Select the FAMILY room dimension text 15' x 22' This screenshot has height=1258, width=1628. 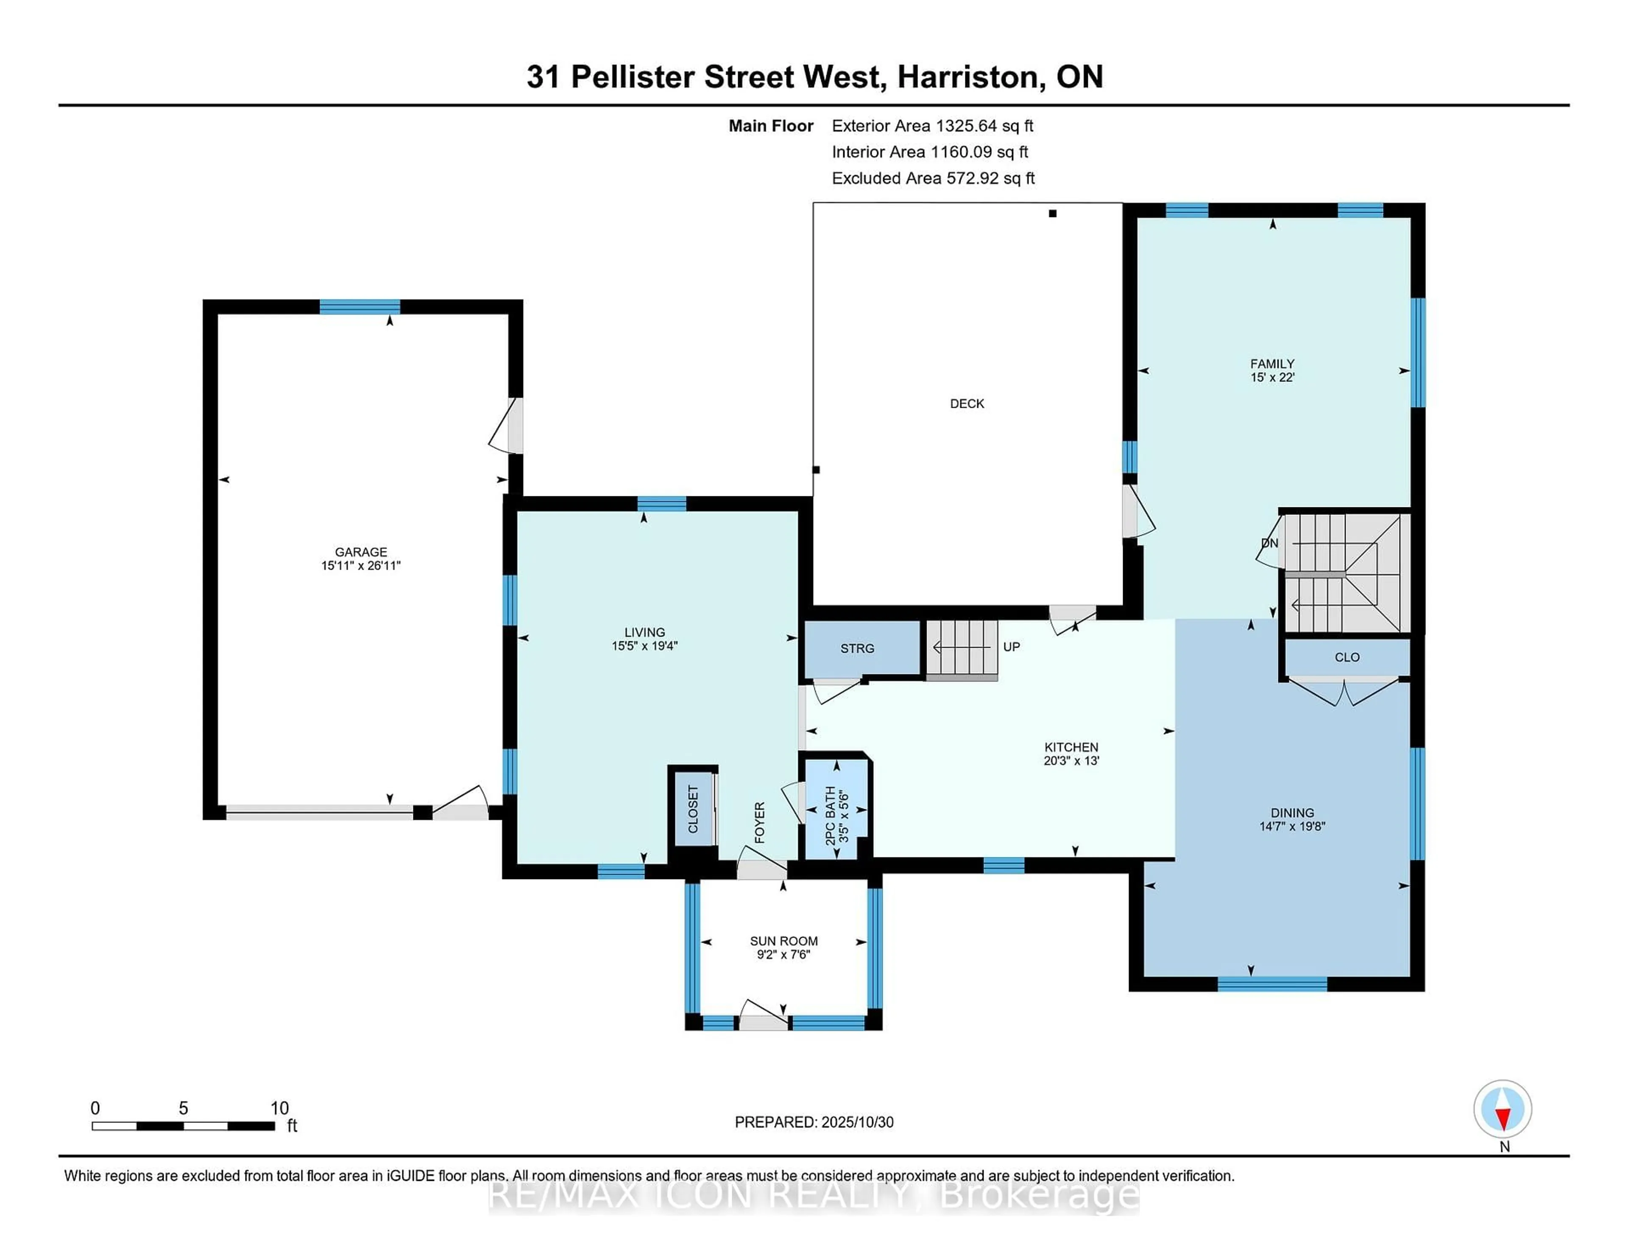click(x=1272, y=378)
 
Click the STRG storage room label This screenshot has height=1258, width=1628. click(x=857, y=648)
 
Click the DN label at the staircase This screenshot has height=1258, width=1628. click(x=1269, y=543)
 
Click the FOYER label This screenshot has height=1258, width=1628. click(x=760, y=822)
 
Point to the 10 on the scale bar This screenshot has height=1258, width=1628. click(x=279, y=1108)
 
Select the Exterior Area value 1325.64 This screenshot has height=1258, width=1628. click(x=966, y=126)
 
